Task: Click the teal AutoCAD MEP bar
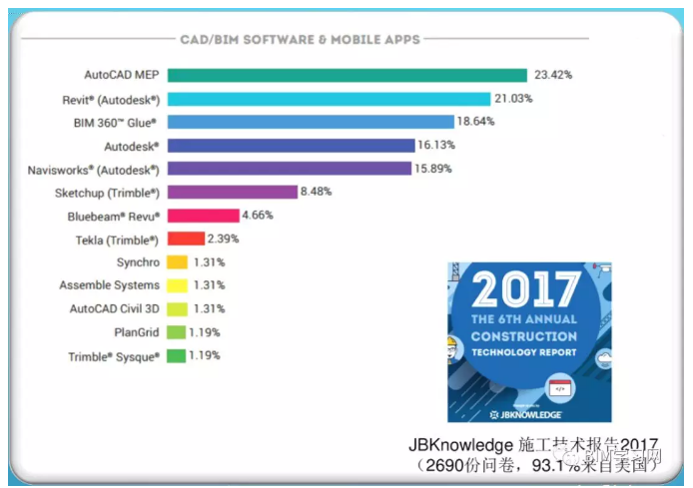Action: coord(346,75)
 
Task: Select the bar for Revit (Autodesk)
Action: coord(329,98)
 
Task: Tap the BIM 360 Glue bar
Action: coord(309,122)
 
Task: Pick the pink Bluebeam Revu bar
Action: coord(203,215)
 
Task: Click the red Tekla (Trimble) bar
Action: coord(186,239)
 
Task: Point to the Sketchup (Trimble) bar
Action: coord(232,192)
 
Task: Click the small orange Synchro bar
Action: coord(177,262)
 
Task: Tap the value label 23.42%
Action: coord(553,75)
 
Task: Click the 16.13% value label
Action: coord(440,145)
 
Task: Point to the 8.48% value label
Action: coord(317,192)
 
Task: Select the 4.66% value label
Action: coord(257,215)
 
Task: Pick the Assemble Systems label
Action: coord(109,285)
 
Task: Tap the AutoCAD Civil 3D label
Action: coord(114,308)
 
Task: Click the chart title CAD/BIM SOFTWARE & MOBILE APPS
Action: coord(300,40)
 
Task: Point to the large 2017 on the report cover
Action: coord(524,290)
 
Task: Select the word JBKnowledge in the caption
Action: coord(461,445)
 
